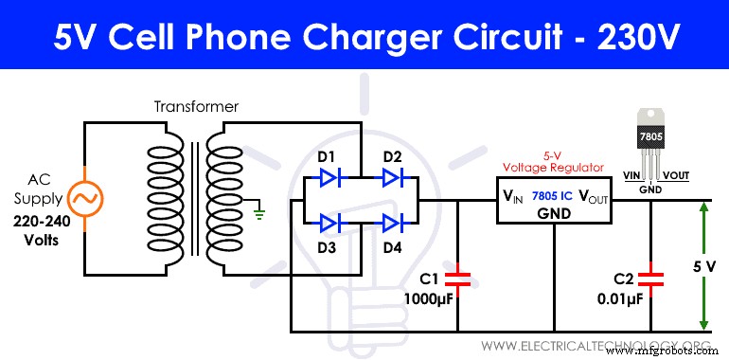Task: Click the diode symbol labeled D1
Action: [x=329, y=175]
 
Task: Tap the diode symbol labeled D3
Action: [x=329, y=223]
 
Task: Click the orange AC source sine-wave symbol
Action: [x=82, y=200]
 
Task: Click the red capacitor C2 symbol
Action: [x=651, y=279]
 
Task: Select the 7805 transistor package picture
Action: [x=649, y=142]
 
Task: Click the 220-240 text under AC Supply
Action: [x=42, y=221]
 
